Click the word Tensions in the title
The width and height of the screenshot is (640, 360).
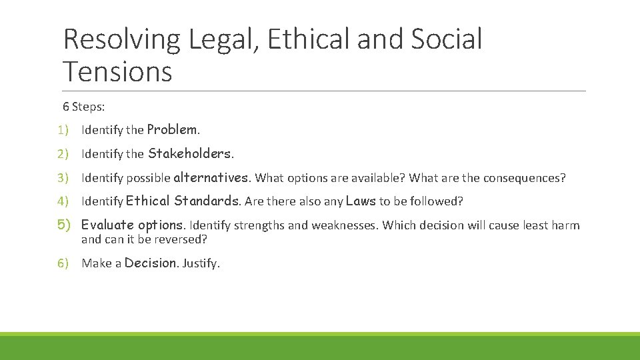pos(117,71)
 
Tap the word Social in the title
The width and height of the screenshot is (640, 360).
pos(446,39)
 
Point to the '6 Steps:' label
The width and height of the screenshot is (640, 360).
pos(84,107)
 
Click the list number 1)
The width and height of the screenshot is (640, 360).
pos(63,130)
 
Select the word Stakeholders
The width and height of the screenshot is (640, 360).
pos(189,154)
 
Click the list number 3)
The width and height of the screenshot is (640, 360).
pos(63,178)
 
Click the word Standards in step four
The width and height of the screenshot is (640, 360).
pos(207,201)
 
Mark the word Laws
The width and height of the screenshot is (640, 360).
pos(361,201)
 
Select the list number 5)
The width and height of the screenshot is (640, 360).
pos(64,225)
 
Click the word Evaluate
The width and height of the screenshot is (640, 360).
pos(107,225)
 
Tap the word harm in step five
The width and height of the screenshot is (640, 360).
pos(565,225)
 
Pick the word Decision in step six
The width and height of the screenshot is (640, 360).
pos(150,263)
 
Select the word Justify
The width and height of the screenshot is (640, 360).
pos(200,263)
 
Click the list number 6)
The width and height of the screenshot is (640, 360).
pos(63,263)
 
